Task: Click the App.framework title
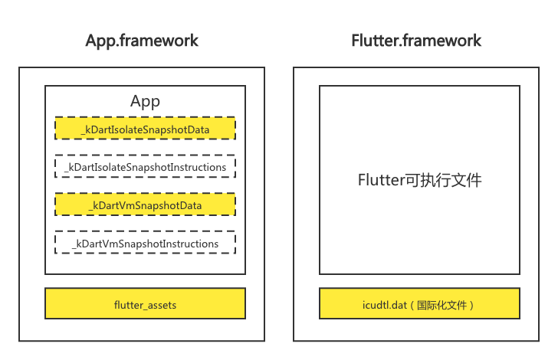point(142,41)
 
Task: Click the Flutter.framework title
point(416,40)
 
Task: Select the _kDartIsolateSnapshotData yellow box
point(145,128)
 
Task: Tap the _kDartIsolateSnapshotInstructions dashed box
point(145,166)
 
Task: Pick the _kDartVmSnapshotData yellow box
point(145,205)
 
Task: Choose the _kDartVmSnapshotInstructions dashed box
point(145,242)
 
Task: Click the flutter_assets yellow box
point(145,303)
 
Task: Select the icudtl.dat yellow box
point(419,303)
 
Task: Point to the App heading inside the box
point(145,102)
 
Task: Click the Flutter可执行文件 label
point(419,180)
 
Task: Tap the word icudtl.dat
point(385,305)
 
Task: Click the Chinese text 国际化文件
point(441,305)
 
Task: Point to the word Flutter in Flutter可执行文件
point(381,180)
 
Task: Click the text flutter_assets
point(145,305)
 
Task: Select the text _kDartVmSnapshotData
point(145,205)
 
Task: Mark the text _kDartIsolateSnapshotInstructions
point(145,167)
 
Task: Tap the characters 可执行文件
point(443,180)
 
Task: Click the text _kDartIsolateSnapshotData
point(145,130)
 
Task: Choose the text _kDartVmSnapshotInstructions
point(145,244)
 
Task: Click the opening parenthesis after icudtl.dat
point(412,305)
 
